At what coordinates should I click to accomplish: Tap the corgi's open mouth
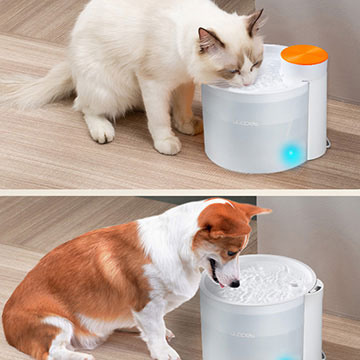pyautogui.click(x=214, y=272)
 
